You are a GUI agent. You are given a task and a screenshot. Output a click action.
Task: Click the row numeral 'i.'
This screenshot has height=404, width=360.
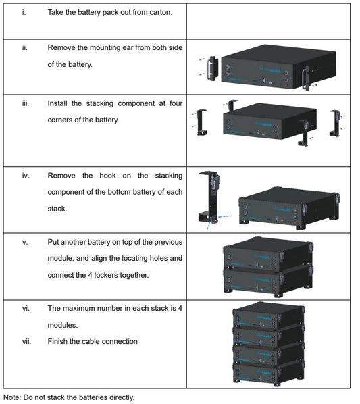coord(24,12)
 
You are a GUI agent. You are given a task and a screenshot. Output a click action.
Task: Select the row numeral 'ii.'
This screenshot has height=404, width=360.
coord(24,48)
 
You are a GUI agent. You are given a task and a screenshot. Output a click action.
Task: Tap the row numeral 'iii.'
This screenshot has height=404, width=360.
coord(25,103)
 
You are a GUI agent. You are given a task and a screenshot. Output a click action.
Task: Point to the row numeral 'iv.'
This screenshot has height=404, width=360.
coord(26,176)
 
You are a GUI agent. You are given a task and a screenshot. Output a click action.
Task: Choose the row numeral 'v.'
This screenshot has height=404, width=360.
coord(25,242)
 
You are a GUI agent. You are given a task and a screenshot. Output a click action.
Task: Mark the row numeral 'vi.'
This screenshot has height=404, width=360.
coord(26,308)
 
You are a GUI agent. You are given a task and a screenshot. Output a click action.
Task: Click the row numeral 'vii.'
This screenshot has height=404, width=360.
coord(26,341)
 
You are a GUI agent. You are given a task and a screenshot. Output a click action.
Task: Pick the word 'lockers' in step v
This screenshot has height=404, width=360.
coord(125,275)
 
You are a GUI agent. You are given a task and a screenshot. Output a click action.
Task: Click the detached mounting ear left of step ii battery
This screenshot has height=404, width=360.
coord(211,68)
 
